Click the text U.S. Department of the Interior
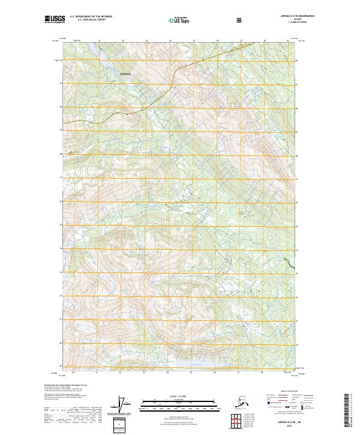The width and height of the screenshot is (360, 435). tap(91, 17)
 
